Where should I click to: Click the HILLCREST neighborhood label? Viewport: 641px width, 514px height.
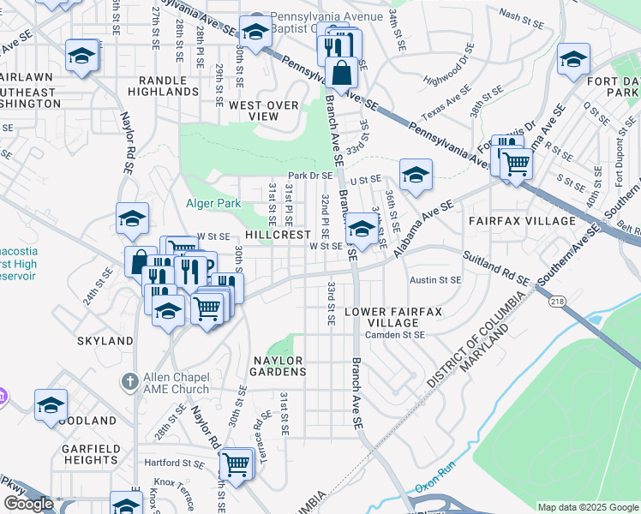277,234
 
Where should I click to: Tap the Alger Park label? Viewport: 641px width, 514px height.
213,203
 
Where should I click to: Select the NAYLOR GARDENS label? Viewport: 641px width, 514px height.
279,366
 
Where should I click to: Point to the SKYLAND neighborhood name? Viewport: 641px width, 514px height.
105,340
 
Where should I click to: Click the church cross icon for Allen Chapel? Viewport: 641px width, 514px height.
129,380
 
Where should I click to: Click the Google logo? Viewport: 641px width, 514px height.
28,504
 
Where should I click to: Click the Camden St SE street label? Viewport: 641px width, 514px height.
395,335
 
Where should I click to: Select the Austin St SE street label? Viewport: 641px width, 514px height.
434,280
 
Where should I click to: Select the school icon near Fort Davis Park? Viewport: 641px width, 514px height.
573,59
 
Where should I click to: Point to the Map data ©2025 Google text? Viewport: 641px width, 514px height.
587,507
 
